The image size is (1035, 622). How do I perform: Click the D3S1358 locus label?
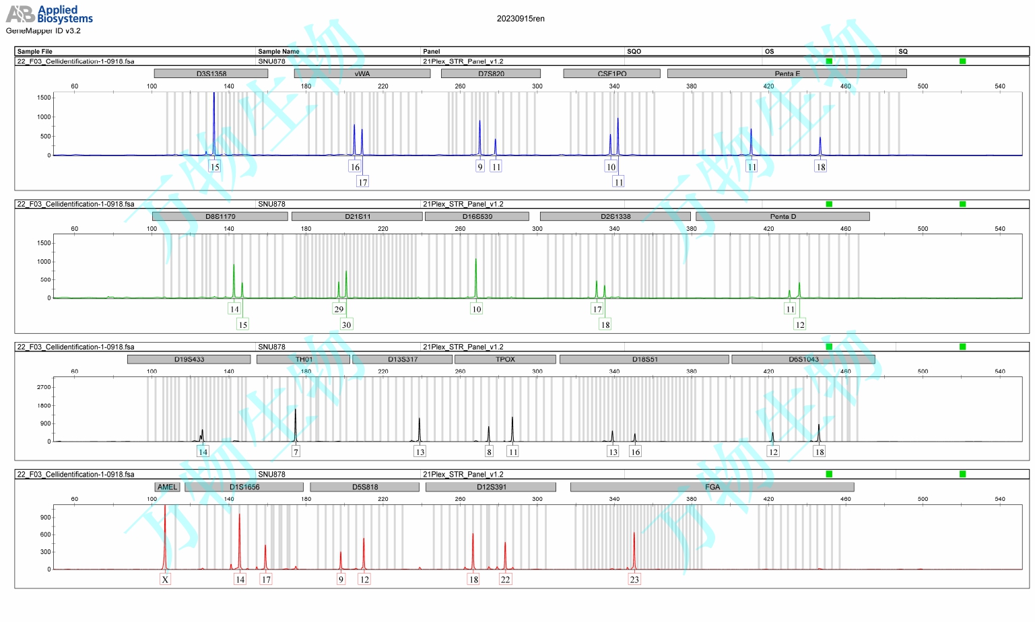[211, 73]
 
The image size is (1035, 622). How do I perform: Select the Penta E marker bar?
[787, 73]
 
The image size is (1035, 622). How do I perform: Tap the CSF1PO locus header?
[611, 73]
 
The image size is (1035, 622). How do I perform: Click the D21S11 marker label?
[357, 216]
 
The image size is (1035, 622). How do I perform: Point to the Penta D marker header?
[782, 216]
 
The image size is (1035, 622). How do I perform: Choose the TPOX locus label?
[505, 359]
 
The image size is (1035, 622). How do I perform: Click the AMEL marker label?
[167, 487]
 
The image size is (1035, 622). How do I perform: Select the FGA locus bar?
[712, 487]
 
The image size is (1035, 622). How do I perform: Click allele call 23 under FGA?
[634, 579]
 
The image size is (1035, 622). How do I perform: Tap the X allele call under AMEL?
[165, 579]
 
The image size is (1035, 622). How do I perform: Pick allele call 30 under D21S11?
[346, 324]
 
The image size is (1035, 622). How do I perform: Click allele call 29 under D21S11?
[339, 309]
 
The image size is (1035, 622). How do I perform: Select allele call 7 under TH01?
[296, 452]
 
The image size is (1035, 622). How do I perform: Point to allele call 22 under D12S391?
[505, 579]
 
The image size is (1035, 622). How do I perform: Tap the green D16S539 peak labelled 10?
[476, 276]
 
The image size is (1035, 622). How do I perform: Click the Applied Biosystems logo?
[49, 14]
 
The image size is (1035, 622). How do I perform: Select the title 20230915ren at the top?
[521, 19]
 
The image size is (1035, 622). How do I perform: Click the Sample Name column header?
[278, 51]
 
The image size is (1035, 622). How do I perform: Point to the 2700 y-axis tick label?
[44, 387]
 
